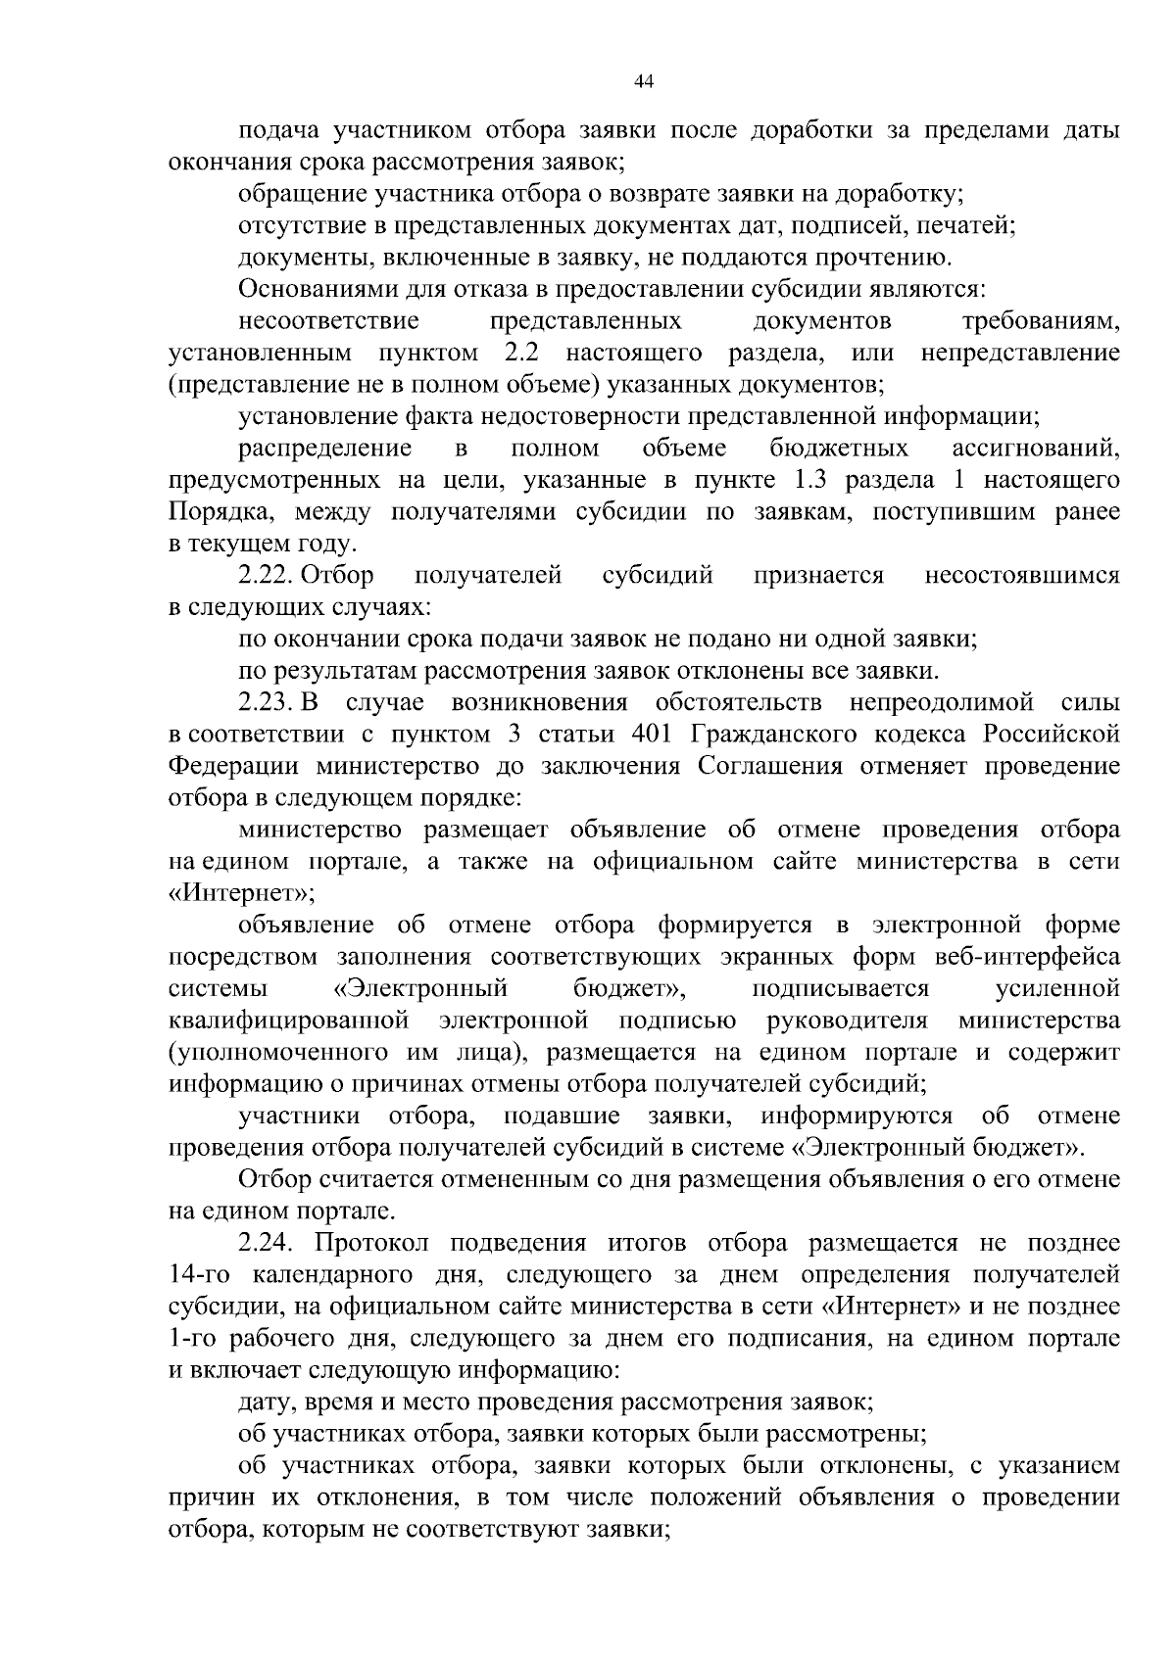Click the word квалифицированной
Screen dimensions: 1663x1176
(x=288, y=1022)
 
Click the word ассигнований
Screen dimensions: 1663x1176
(x=1036, y=450)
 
